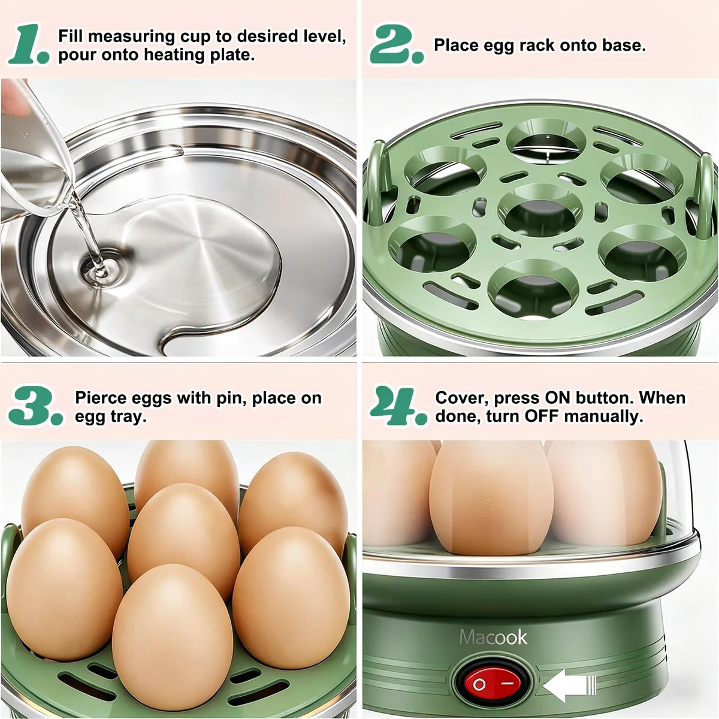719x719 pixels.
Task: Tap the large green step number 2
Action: [x=397, y=46]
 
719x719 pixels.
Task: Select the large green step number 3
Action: [x=36, y=406]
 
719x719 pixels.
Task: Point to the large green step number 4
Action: [x=398, y=406]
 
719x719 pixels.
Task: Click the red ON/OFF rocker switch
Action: [x=493, y=684]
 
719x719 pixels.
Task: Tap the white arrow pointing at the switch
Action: [x=570, y=685]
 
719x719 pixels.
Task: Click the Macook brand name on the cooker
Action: [x=493, y=637]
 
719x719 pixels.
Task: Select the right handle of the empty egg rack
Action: [x=705, y=194]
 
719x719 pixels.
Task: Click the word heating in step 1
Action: [x=174, y=55]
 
